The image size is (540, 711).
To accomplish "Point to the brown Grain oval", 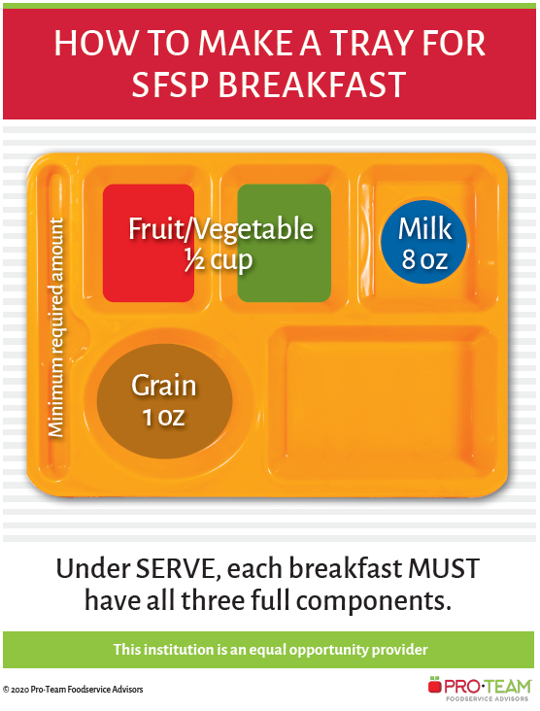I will (164, 401).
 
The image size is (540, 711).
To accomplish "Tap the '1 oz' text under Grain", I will (164, 418).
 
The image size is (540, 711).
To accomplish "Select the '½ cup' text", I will (219, 260).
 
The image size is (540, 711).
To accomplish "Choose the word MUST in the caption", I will (442, 568).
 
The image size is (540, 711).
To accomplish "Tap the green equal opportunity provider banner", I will (270, 649).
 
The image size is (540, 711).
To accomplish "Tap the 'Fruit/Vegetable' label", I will (222, 229).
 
